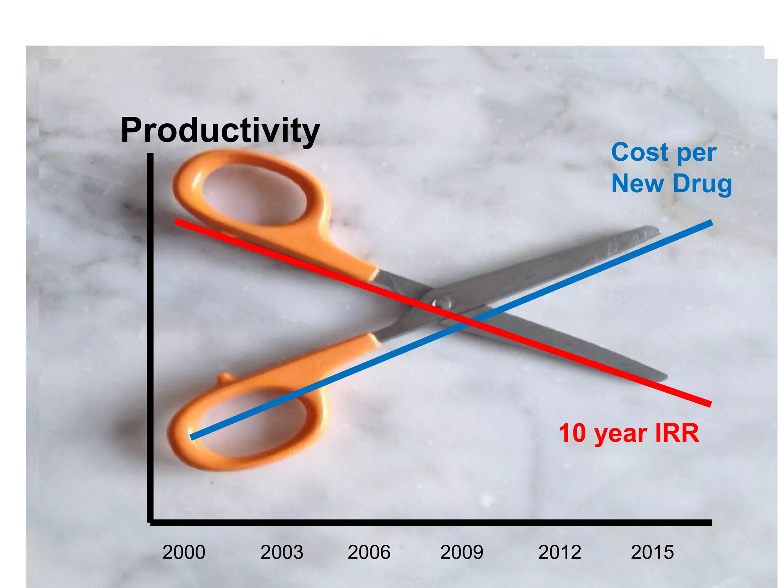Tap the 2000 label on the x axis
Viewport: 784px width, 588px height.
click(x=184, y=552)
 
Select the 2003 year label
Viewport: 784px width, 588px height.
click(x=282, y=552)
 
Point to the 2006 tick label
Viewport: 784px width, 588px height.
click(x=369, y=552)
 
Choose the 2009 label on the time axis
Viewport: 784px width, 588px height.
click(x=462, y=552)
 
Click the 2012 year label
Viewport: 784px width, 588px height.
click(x=560, y=552)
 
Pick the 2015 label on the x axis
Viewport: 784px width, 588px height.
click(x=652, y=552)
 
